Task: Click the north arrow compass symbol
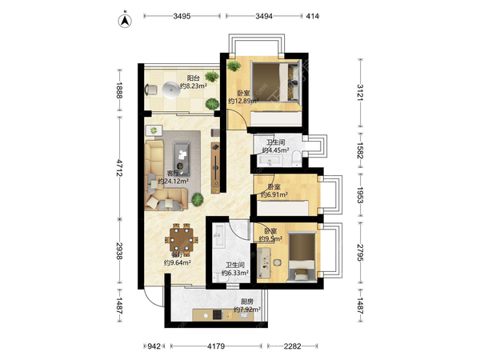[125, 20]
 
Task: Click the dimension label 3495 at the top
[182, 16]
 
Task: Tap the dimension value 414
[313, 16]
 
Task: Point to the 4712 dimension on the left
[119, 167]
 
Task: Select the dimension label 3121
[360, 93]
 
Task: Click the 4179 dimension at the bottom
[216, 346]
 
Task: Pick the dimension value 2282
[292, 346]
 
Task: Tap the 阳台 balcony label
[193, 78]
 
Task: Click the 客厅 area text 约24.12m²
[173, 182]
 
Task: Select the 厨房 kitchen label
[246, 302]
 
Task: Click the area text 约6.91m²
[274, 194]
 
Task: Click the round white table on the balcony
[171, 90]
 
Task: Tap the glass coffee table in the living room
[182, 158]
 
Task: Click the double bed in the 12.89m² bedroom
[275, 82]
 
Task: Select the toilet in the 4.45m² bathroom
[296, 158]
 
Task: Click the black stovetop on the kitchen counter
[218, 314]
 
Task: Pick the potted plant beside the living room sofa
[198, 199]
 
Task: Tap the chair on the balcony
[151, 90]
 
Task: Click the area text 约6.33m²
[235, 273]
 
